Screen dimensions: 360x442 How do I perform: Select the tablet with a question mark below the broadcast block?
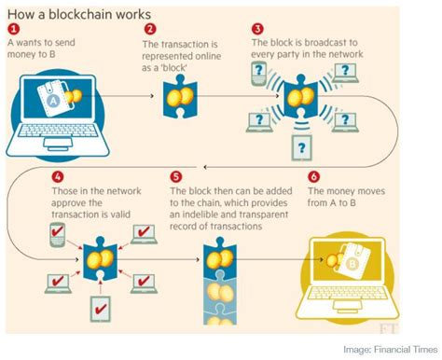click(300, 146)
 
